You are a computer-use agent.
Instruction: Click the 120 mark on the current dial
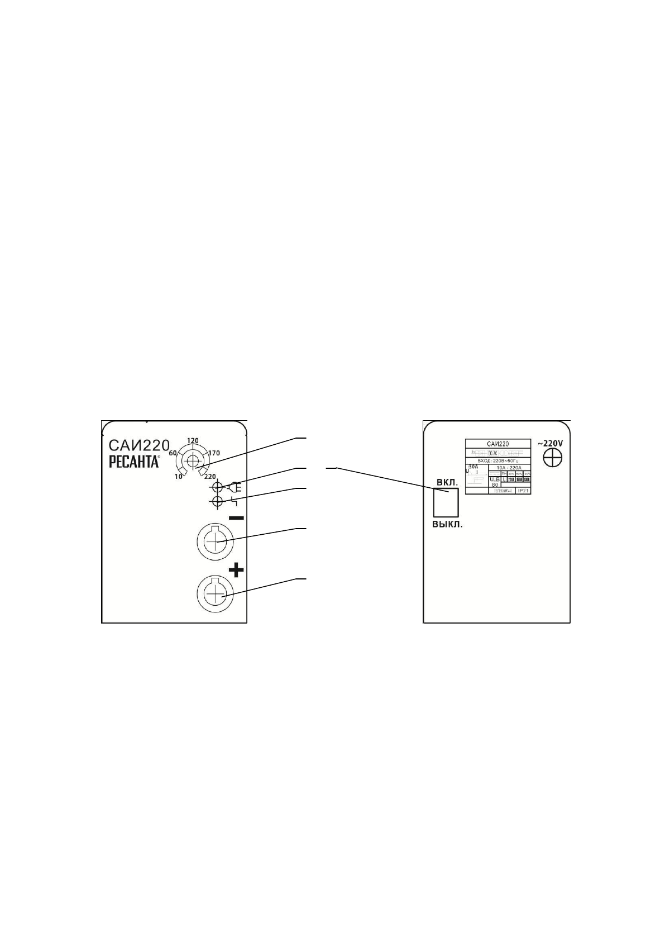[193, 440]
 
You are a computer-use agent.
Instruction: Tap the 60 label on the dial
[173, 453]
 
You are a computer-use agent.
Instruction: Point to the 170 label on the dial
[214, 453]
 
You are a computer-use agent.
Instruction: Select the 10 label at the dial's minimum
[179, 476]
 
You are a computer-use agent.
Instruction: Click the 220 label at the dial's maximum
[210, 477]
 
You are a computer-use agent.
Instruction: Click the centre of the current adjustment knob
[193, 461]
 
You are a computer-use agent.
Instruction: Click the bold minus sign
[236, 518]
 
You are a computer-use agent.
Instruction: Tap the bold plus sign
[237, 570]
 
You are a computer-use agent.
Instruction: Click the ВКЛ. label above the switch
[447, 481]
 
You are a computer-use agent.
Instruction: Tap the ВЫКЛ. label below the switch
[448, 525]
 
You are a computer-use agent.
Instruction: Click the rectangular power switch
[446, 502]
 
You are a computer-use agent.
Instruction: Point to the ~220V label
[550, 443]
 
